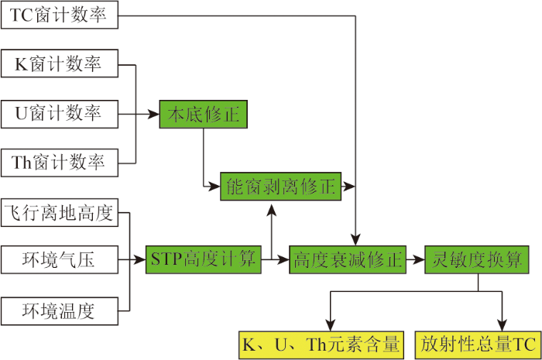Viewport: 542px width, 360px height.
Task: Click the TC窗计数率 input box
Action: (x=60, y=15)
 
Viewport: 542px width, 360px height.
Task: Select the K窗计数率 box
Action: (x=60, y=63)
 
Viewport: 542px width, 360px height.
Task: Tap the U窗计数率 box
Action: (x=60, y=115)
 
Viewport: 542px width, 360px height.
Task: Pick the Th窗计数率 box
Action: (x=60, y=163)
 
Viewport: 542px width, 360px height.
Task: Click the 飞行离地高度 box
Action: (x=60, y=212)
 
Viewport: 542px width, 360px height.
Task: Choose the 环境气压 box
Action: (x=60, y=260)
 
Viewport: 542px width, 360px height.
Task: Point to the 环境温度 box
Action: (x=60, y=311)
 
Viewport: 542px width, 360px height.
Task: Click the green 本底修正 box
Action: (x=203, y=115)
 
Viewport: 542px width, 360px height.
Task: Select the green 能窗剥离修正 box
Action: (x=280, y=187)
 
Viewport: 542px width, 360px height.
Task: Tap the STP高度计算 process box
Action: (x=203, y=260)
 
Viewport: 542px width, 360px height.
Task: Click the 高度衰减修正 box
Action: (x=348, y=260)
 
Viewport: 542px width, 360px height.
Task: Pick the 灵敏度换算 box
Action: (x=477, y=260)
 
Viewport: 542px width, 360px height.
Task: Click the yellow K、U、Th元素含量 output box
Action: (x=321, y=345)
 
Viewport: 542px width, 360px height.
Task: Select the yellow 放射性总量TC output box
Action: (x=478, y=345)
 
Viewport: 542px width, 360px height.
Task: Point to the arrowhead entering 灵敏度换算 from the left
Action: (x=419, y=259)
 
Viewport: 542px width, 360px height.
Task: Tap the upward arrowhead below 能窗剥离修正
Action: (x=272, y=210)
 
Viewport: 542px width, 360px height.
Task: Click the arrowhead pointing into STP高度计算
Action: (x=140, y=259)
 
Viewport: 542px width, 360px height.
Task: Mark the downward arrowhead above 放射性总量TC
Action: (x=502, y=325)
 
